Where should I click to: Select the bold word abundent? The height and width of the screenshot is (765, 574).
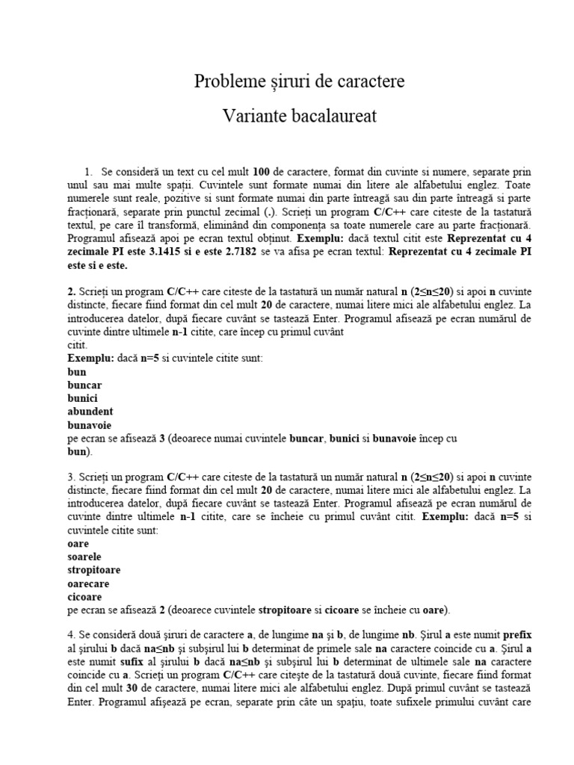[90, 411]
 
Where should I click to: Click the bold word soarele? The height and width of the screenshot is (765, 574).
[84, 557]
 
